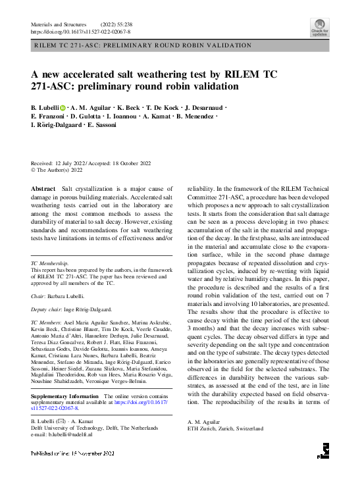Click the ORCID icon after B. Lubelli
pyautogui.click(x=63, y=107)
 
